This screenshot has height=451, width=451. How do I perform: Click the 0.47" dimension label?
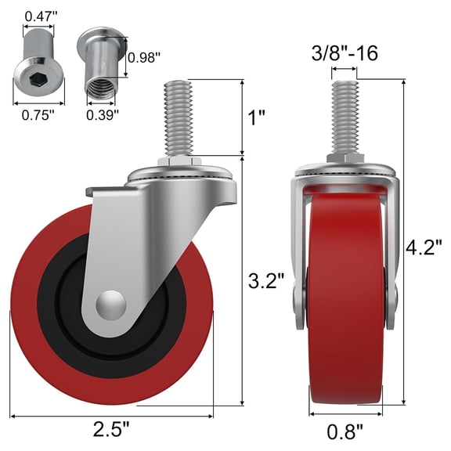[34, 15]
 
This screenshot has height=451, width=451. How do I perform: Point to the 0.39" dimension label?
[102, 114]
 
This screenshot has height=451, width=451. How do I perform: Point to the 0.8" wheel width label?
[345, 429]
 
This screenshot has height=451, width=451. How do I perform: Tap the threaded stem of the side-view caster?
[180, 117]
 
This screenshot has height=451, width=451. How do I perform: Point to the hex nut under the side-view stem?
[180, 162]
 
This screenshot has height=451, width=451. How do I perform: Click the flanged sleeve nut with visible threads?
[99, 67]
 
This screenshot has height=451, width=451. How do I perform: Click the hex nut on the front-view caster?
[345, 159]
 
